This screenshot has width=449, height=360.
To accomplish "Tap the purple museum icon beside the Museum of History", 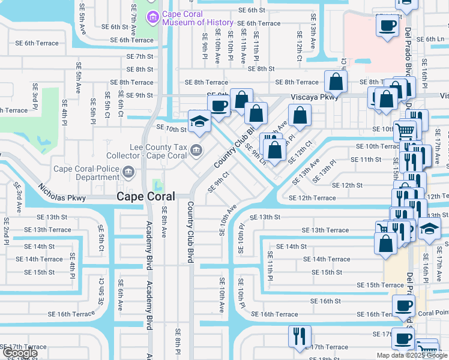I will click(x=154, y=17).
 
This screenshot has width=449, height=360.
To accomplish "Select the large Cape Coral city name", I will click(x=146, y=196).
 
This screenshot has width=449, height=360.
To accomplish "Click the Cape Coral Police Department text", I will click(x=86, y=173).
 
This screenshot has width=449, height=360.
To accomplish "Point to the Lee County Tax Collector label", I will click(x=158, y=151).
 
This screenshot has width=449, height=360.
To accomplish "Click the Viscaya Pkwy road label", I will click(x=311, y=96).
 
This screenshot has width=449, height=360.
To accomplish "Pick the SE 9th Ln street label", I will click(x=255, y=152).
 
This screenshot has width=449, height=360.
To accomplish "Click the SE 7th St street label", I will click(x=140, y=56).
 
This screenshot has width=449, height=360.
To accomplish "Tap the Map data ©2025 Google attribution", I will click(x=411, y=355).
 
